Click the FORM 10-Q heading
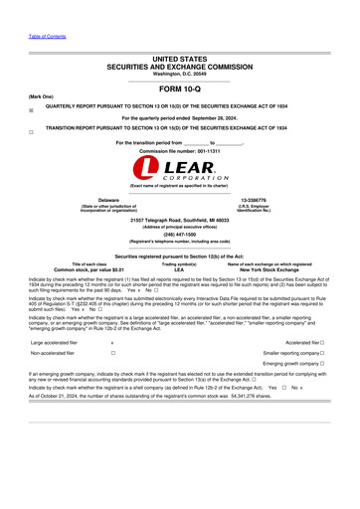click(x=179, y=89)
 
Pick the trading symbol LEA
click(x=179, y=269)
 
